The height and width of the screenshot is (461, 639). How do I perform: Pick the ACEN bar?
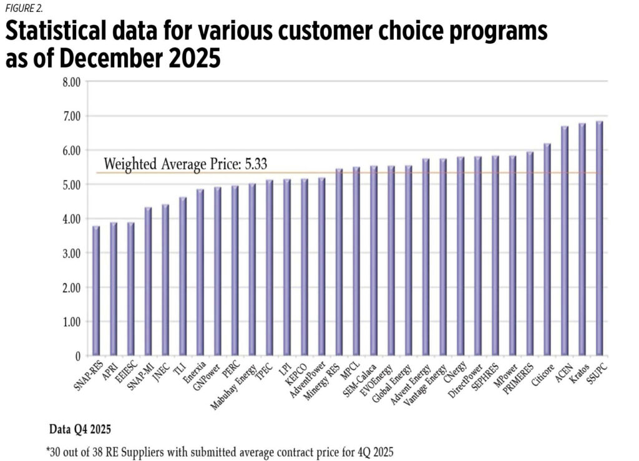click(565, 241)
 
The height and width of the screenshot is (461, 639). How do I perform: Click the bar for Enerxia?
click(200, 273)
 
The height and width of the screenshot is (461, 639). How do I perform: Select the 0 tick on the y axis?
click(78, 357)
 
